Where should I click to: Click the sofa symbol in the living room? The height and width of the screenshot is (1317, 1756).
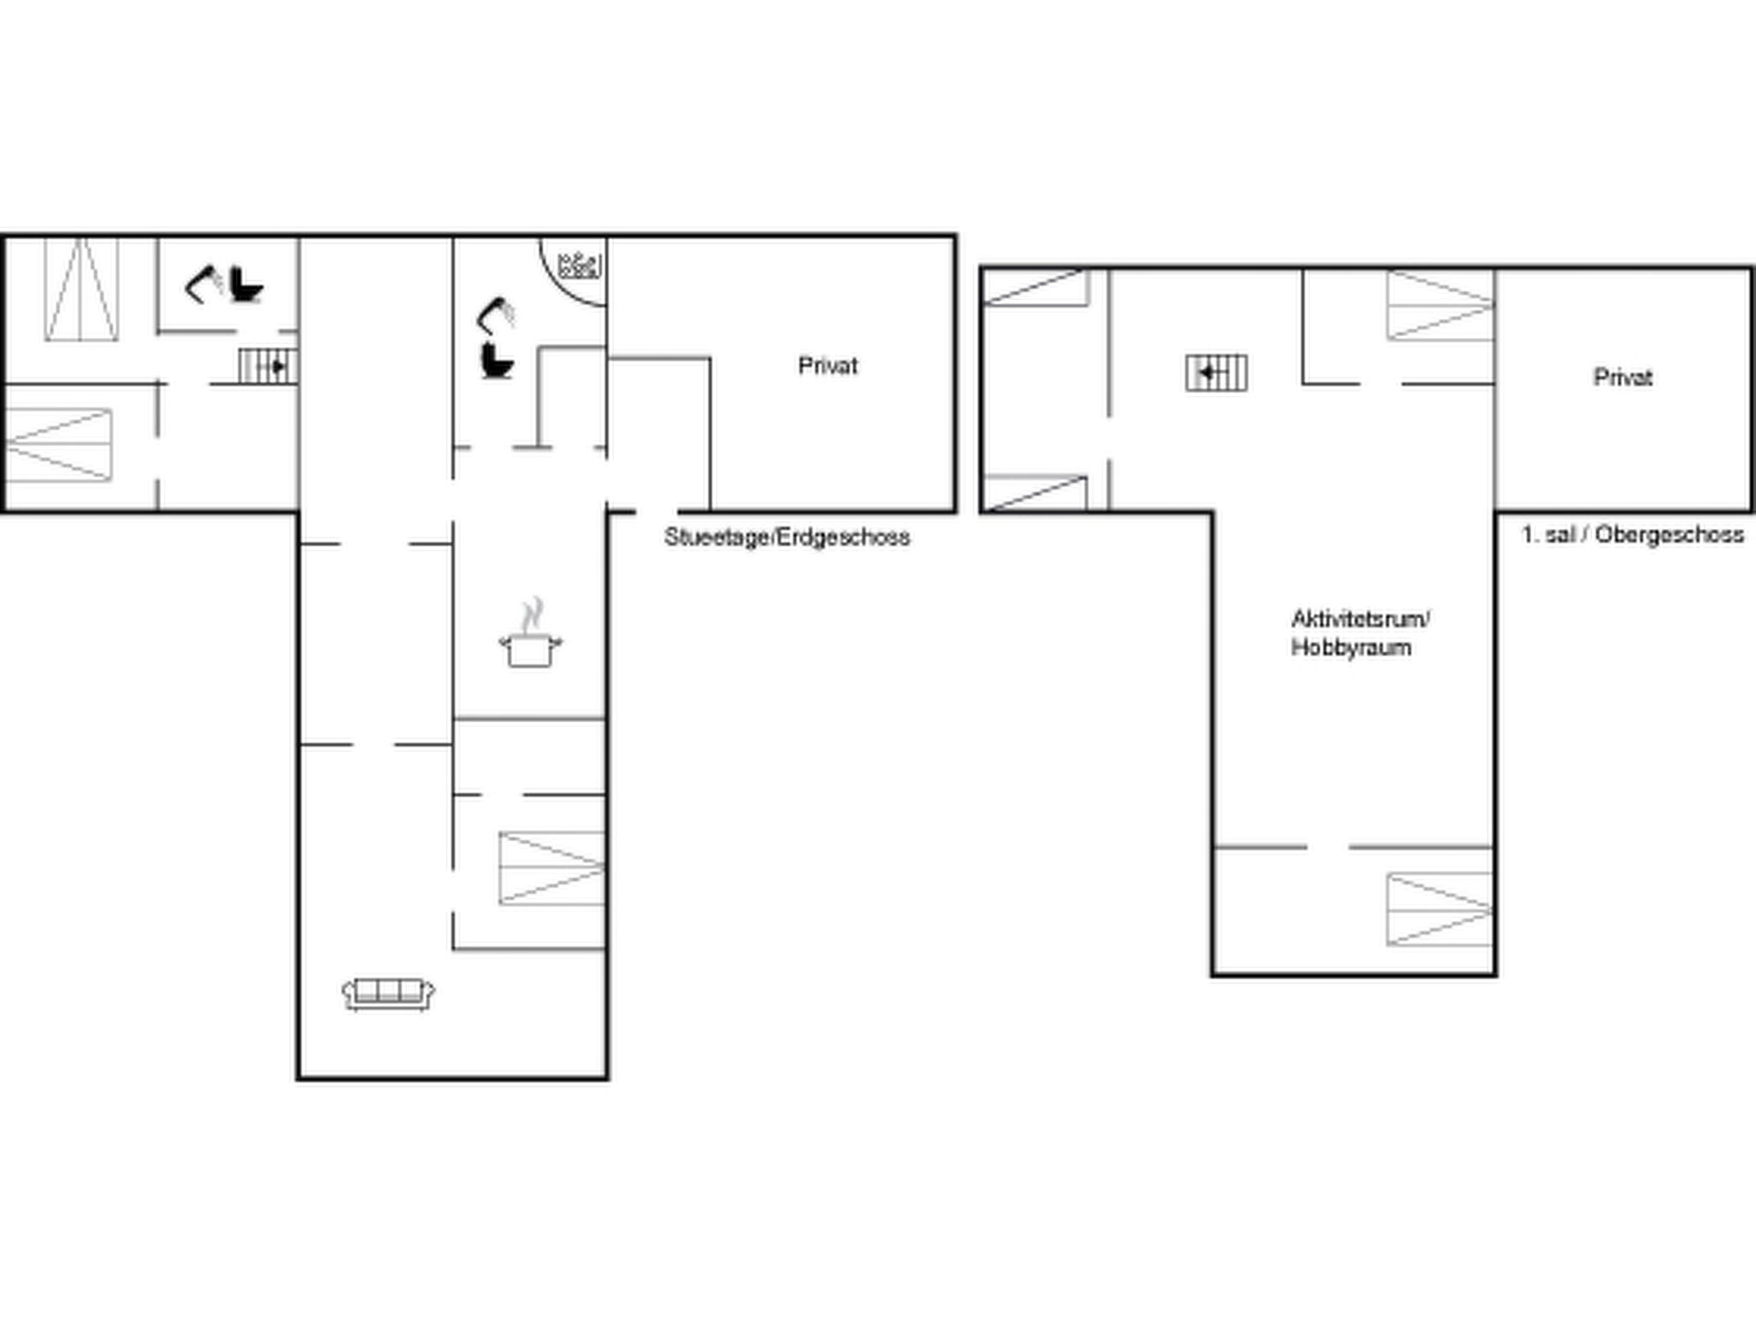tap(388, 994)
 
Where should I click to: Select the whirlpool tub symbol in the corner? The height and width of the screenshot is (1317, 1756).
tap(580, 265)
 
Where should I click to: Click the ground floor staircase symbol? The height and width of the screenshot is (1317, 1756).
tap(268, 366)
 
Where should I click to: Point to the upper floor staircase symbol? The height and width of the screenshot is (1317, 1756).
tap(1217, 373)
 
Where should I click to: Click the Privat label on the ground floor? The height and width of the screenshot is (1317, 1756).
tap(827, 366)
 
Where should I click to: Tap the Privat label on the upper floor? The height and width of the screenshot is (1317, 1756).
tap(1622, 377)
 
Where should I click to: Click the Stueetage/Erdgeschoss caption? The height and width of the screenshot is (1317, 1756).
tap(787, 538)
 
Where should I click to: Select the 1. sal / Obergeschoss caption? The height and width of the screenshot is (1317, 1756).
tap(1633, 535)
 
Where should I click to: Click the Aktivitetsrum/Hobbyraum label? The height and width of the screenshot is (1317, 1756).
tap(1360, 633)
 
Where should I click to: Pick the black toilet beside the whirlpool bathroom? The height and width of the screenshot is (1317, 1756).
tap(497, 360)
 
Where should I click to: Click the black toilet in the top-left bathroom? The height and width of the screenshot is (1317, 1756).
tap(246, 286)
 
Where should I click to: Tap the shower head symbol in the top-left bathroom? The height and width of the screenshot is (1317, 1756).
tap(204, 285)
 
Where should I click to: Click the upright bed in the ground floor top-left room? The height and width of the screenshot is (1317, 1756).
tap(81, 289)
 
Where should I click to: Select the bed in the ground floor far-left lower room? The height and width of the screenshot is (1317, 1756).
tap(59, 445)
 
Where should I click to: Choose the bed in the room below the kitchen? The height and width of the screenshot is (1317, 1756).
tap(552, 868)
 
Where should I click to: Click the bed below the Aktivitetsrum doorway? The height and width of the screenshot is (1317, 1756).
tap(1440, 909)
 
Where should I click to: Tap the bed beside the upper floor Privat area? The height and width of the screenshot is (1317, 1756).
tap(1440, 305)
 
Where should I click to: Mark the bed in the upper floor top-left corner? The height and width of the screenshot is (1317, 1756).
tap(1036, 288)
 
